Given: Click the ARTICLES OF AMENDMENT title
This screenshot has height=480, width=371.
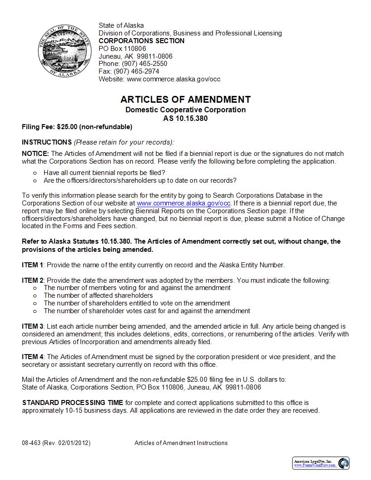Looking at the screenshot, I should pos(185,100).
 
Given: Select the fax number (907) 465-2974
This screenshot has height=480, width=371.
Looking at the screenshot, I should pos(138,71).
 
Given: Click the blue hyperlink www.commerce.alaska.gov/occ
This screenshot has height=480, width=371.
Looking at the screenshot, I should pos(184,203).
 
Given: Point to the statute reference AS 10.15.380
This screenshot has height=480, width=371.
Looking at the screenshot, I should pos(185,118).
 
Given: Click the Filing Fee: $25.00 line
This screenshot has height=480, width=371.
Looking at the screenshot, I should pos(77,127).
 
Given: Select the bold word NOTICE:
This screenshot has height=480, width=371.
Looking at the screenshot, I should pos(35,154).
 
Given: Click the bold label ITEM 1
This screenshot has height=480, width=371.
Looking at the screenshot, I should pos(33,265).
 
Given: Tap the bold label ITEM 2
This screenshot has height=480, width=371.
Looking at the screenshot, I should pos(33,280).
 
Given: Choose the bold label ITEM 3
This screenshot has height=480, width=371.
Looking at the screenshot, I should pos(33,326).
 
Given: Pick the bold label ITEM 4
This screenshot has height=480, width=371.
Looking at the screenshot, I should pos(33,357).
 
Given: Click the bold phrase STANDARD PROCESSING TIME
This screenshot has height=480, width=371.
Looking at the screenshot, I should pos(72,403).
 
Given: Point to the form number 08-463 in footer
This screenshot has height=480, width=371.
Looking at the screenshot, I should pos(31,443).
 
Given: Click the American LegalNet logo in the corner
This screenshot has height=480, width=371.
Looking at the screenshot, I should pos(321,463).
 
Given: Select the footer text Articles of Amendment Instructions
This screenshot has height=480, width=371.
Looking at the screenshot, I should pos(181,443).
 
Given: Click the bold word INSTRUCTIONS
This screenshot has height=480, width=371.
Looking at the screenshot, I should pos(47,142).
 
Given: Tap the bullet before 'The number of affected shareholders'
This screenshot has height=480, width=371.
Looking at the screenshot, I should pos(35,295).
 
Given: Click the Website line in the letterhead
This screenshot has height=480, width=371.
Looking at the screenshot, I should pos(159,79).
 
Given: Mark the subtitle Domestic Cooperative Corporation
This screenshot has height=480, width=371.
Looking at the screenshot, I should pos(185,110).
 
